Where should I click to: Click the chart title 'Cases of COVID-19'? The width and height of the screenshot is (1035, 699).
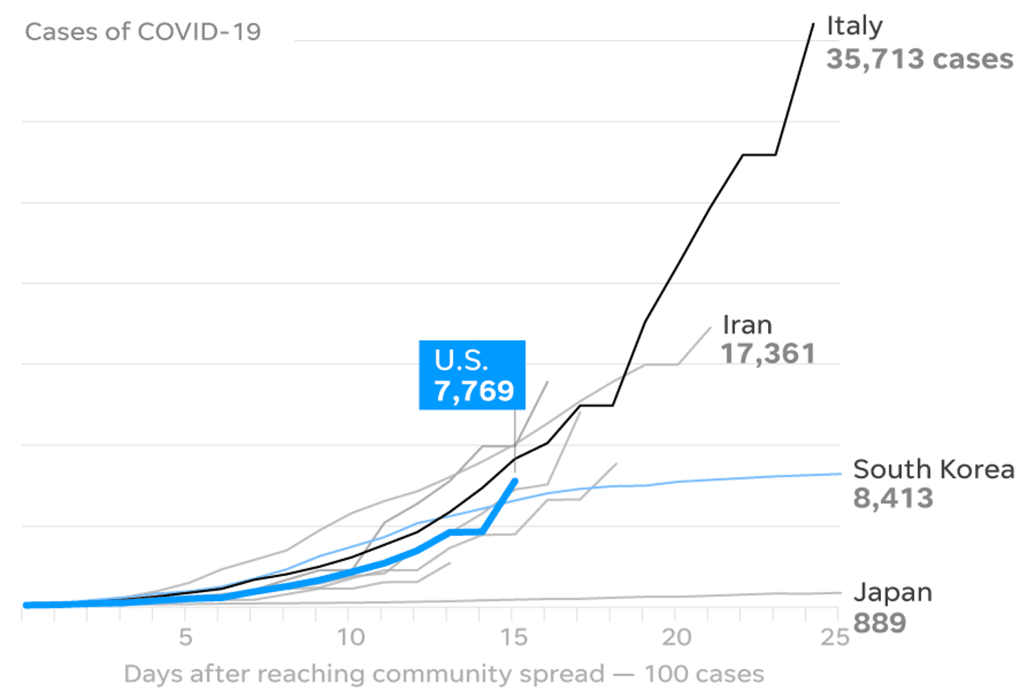[143, 32]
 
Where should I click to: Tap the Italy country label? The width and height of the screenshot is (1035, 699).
[854, 26]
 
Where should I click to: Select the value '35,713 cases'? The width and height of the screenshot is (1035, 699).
[919, 59]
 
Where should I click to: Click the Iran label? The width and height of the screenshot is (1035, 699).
[747, 325]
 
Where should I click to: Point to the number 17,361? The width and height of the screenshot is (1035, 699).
[768, 354]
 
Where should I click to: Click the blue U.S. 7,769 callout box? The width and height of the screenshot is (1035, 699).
[472, 375]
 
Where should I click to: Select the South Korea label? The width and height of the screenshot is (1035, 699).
[933, 469]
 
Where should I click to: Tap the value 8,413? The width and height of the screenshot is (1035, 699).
[893, 498]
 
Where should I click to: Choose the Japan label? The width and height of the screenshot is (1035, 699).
[892, 592]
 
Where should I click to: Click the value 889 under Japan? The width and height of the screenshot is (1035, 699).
[879, 623]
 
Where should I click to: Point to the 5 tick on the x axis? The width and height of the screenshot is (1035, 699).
[185, 637]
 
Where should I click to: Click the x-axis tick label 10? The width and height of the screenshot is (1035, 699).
[351, 637]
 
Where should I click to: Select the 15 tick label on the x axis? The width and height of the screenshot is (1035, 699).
[514, 637]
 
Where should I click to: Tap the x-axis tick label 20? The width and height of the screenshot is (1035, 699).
[676, 637]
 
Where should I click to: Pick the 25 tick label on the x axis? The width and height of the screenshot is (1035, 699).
[834, 637]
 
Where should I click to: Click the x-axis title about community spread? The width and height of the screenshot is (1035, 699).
[444, 673]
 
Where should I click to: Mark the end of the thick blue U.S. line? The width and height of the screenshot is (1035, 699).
[515, 481]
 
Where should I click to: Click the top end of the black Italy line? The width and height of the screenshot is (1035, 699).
[814, 24]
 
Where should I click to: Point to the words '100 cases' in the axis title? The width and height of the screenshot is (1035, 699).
[704, 673]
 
